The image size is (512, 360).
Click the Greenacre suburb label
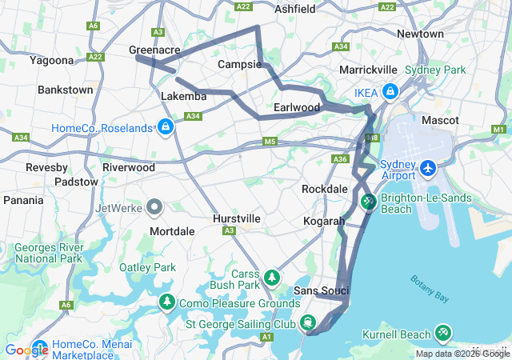(x=154, y=50)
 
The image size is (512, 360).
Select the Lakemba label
(x=183, y=96)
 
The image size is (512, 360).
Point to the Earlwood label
(x=297, y=107)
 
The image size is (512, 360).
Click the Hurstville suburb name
(x=237, y=218)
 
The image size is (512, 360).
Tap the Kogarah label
(x=324, y=221)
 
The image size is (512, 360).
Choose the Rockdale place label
(x=324, y=189)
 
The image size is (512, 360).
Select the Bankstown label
(x=66, y=90)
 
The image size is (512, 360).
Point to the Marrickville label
(x=368, y=70)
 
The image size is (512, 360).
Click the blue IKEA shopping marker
(x=390, y=91)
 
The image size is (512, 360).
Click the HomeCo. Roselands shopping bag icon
(x=165, y=127)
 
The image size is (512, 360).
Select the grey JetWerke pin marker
(x=154, y=208)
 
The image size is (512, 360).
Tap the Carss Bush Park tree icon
(x=272, y=278)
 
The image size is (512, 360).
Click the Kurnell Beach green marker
(x=442, y=332)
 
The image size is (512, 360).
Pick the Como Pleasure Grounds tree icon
(x=166, y=302)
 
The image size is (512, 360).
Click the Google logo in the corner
(x=26, y=350)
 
